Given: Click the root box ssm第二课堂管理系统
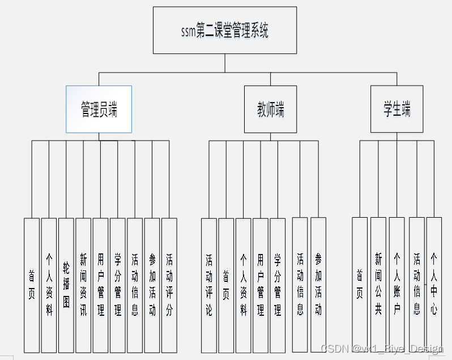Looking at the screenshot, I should (x=225, y=30).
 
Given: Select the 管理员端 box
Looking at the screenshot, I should (x=99, y=109).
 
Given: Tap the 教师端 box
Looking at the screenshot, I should (x=270, y=109).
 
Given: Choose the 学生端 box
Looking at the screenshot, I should (x=396, y=109).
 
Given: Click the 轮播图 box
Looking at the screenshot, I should (x=66, y=285).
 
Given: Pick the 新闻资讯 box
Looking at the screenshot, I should (x=83, y=285).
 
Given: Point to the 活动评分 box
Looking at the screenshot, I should (x=169, y=285).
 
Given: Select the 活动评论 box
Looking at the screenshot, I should (x=209, y=285).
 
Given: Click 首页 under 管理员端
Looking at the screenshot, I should (x=32, y=285).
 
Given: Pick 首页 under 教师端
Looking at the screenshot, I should (x=226, y=285).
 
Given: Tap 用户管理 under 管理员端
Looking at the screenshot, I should (x=100, y=285).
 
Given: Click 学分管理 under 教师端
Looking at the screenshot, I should (x=278, y=285).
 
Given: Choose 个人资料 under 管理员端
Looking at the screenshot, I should (x=49, y=285).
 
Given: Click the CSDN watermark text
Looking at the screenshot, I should (x=381, y=348).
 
